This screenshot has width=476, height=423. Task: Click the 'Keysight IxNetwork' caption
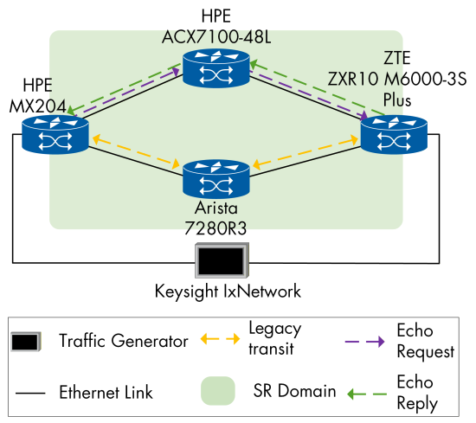(x=228, y=292)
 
